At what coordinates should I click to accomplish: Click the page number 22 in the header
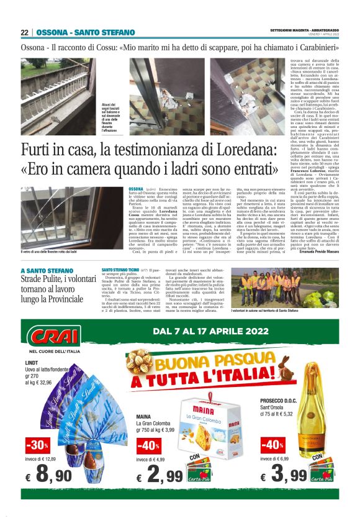25,32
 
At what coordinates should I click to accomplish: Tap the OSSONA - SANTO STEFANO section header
86,32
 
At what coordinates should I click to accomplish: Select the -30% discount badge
38,445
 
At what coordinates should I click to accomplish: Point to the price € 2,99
160,476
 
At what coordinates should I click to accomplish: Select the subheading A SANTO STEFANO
48,271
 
